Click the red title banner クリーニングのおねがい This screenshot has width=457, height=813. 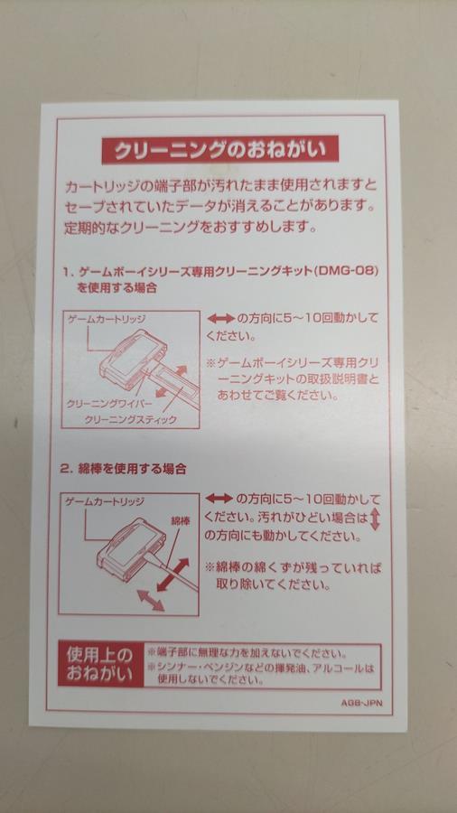220,150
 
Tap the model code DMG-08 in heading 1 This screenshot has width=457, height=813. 350,272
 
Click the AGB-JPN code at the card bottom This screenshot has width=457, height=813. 361,704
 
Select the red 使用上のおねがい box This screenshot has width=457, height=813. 100,664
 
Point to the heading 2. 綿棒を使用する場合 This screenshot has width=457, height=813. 123,469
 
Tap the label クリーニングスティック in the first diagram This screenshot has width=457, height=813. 131,420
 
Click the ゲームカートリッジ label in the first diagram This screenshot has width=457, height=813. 99,319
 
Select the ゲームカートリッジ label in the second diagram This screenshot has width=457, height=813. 105,502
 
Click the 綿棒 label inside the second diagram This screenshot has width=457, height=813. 180,520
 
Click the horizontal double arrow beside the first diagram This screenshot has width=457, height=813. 220,317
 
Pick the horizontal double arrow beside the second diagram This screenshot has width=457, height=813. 219,499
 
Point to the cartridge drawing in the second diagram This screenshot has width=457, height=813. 132,544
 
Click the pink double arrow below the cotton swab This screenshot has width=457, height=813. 151,600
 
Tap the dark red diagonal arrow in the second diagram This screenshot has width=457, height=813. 173,575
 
